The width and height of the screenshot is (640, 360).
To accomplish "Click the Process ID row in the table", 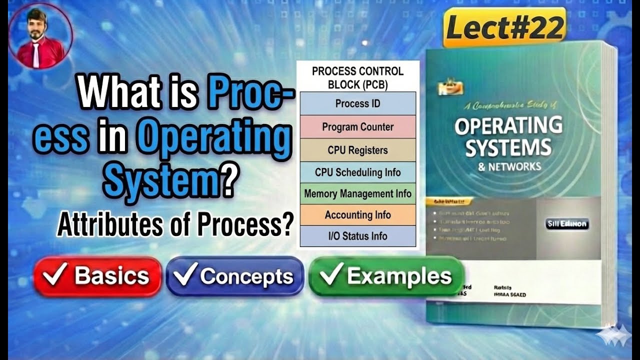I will (357, 104).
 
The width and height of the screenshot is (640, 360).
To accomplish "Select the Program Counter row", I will (357, 127).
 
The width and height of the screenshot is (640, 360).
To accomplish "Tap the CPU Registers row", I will (357, 150).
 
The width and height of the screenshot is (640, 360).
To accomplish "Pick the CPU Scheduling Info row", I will (357, 172).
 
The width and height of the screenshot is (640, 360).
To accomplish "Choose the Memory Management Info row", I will (357, 193).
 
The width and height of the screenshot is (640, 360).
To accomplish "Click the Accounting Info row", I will (357, 215).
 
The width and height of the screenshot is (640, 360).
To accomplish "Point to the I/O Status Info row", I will (357, 236).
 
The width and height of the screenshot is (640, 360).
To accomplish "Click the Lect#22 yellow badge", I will (504, 28).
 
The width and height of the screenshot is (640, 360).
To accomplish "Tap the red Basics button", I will (97, 276).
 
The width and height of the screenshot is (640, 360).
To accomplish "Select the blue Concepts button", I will (235, 276).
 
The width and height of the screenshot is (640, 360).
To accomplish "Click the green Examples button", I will (386, 276).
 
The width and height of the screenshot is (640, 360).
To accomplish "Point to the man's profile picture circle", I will (40, 37).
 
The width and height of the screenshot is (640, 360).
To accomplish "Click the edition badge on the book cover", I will (567, 224).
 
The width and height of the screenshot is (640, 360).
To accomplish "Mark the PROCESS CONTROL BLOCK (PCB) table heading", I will (357, 77).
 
